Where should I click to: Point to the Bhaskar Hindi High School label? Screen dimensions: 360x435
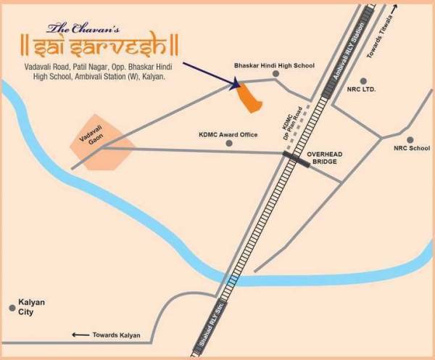coord(274,65)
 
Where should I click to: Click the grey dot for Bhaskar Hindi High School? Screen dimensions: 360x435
coord(275,74)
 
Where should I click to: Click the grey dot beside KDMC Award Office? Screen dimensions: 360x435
coord(229,144)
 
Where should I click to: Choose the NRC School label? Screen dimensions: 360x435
coord(411,149)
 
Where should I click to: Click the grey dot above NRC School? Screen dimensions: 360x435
coord(410,139)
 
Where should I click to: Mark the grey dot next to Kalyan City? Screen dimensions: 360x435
coord(12,307)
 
